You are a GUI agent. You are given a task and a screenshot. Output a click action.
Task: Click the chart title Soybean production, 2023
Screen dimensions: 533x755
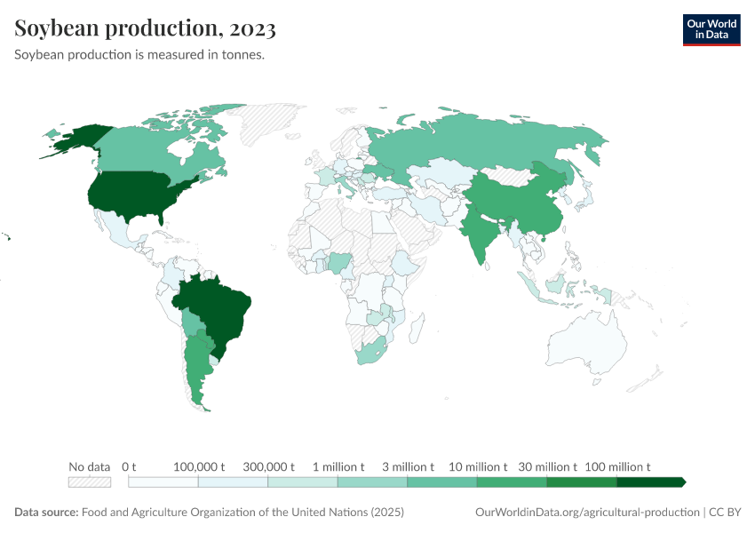145,28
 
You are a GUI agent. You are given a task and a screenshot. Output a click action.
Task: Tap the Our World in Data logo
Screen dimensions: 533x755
711,29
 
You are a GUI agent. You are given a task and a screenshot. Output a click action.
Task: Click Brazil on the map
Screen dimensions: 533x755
222,311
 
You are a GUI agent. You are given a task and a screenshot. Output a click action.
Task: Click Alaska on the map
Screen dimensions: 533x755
80,138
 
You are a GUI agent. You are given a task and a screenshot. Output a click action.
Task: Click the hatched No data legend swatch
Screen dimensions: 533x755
90,482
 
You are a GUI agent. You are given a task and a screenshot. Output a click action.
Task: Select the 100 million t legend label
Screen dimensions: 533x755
617,466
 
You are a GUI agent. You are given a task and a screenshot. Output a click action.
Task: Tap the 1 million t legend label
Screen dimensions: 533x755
338,466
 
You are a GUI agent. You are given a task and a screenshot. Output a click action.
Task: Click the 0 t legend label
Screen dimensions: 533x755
129,466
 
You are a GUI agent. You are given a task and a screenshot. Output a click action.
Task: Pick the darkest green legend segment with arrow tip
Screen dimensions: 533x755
650,482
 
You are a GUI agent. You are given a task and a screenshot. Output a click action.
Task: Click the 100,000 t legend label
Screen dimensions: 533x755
198,466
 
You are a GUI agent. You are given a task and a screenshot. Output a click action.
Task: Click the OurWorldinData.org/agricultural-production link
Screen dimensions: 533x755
587,513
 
